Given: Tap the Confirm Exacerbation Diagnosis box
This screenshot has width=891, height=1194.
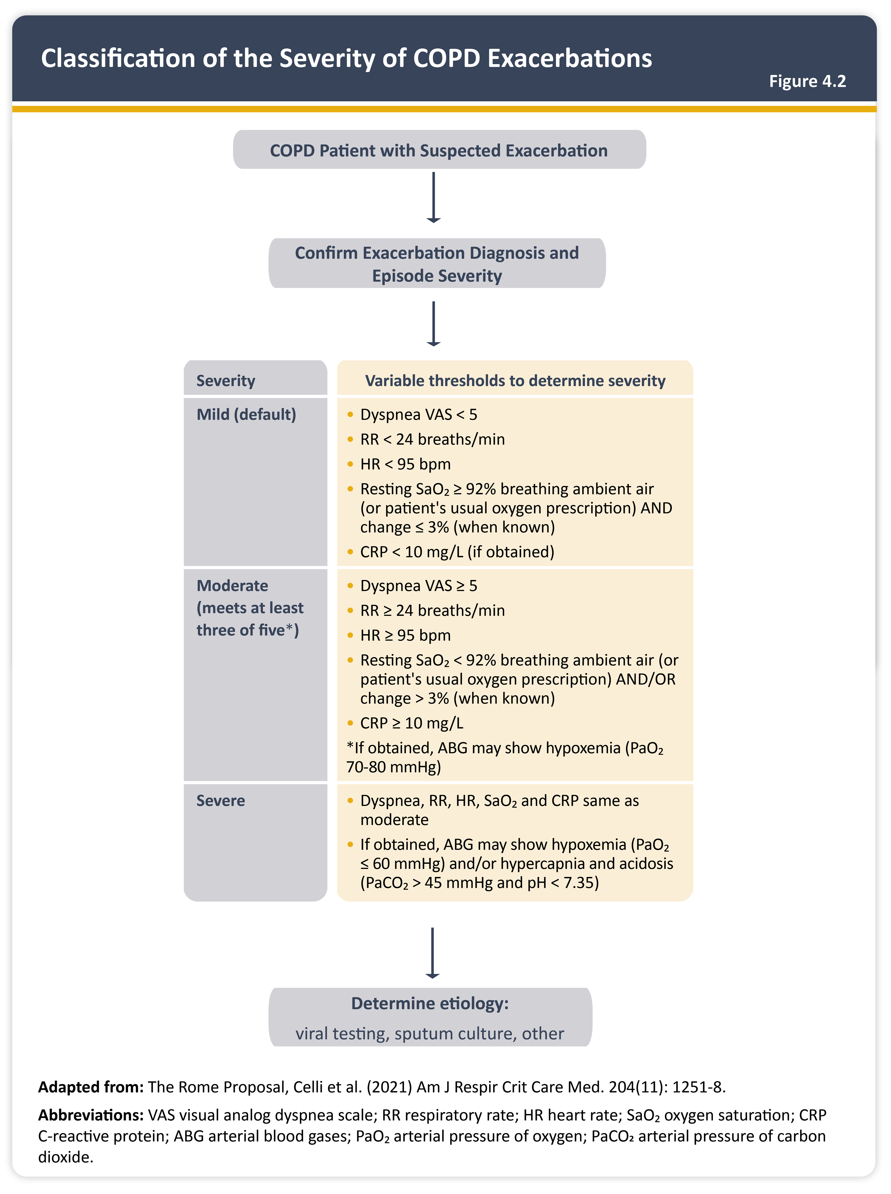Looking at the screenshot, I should pyautogui.click(x=437, y=264).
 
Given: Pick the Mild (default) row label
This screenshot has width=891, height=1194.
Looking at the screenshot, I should pyautogui.click(x=246, y=414).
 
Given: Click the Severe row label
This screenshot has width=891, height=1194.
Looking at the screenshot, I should pyautogui.click(x=221, y=801).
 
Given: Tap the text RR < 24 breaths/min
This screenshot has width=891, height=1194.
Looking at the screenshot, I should pyautogui.click(x=433, y=439).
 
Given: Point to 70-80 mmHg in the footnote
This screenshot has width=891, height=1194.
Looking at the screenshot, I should pyautogui.click(x=393, y=767).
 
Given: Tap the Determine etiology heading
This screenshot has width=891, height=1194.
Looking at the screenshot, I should pyautogui.click(x=430, y=1004).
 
